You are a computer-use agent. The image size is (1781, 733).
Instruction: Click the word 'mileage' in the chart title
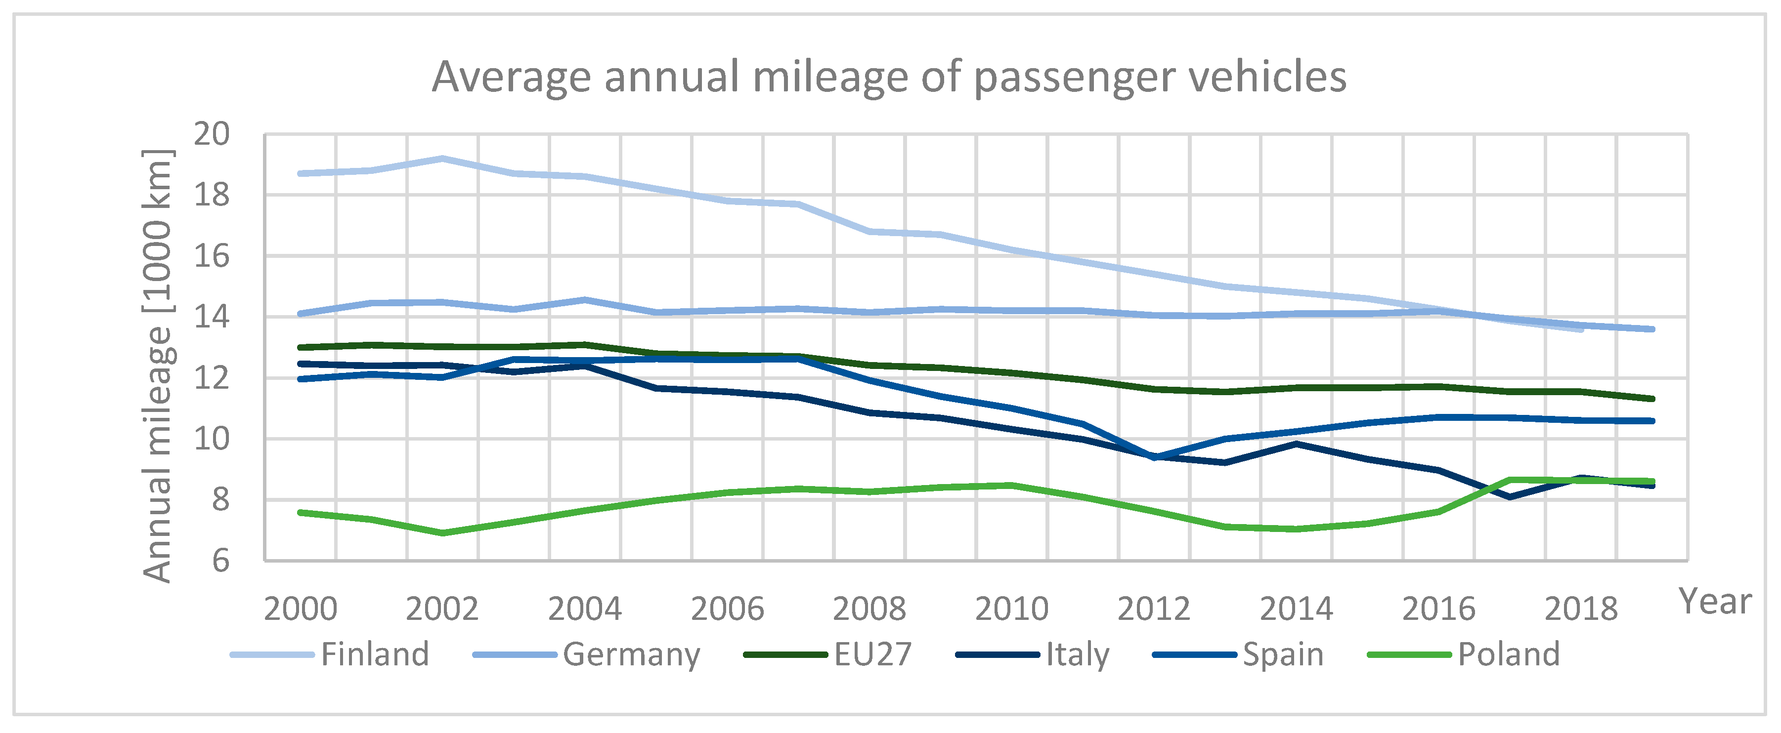pos(829,78)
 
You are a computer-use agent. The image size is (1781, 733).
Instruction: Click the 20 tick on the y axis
pos(211,134)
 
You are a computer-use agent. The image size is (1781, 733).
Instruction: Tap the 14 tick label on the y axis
pos(211,317)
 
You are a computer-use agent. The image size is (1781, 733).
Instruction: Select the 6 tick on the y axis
pos(220,561)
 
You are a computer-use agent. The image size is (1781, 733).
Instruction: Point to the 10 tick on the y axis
pos(211,439)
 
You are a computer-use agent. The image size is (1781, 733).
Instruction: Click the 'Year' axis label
pos(1715,602)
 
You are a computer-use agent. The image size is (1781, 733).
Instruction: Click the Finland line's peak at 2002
pos(442,159)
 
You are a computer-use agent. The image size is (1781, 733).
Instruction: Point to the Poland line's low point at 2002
pos(442,532)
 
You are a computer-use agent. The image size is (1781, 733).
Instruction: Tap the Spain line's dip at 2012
pos(1154,457)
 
